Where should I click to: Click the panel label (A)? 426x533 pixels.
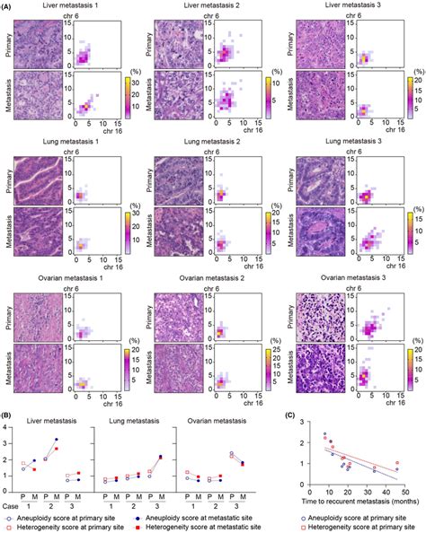[8, 6]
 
